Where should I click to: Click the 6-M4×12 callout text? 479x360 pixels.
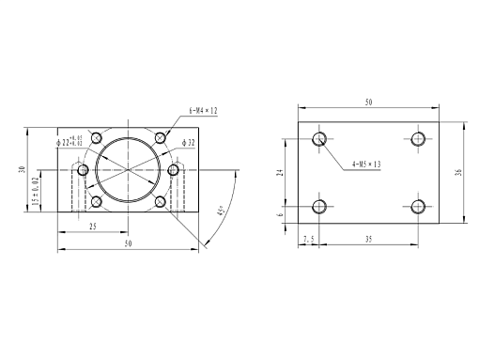point(203,111)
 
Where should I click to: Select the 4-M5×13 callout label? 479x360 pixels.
point(366,164)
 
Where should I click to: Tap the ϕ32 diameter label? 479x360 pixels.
point(189,143)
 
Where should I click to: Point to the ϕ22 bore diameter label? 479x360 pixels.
point(70,141)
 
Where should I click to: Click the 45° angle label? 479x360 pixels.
point(221,211)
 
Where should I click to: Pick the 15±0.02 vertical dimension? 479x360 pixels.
point(36,191)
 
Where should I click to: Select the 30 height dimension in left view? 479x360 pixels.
point(22,169)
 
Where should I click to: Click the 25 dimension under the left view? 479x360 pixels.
point(93,227)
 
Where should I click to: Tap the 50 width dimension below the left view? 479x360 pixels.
point(129,243)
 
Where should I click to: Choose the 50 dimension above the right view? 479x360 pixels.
point(369,102)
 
